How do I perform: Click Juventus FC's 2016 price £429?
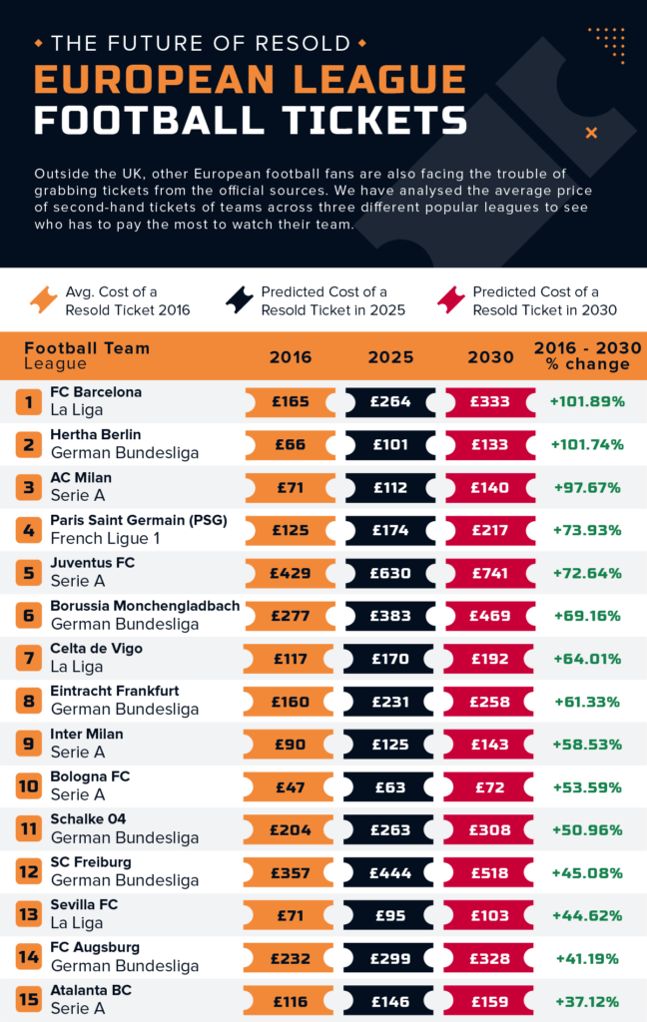coord(291,573)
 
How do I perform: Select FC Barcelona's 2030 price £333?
coord(490,402)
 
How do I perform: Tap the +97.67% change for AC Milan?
coord(586,488)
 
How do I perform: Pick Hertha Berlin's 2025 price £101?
coord(390,445)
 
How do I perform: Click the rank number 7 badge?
coord(29,659)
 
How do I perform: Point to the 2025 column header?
coord(390,357)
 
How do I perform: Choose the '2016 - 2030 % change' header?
coord(587,355)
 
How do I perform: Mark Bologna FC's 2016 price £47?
coord(291,786)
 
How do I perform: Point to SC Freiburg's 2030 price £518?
coord(490,872)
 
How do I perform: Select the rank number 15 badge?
coord(29,1000)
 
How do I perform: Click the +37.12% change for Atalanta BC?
coord(586,1001)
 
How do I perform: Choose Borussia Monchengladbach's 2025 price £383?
coord(390,616)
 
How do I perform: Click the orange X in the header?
coord(591,133)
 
